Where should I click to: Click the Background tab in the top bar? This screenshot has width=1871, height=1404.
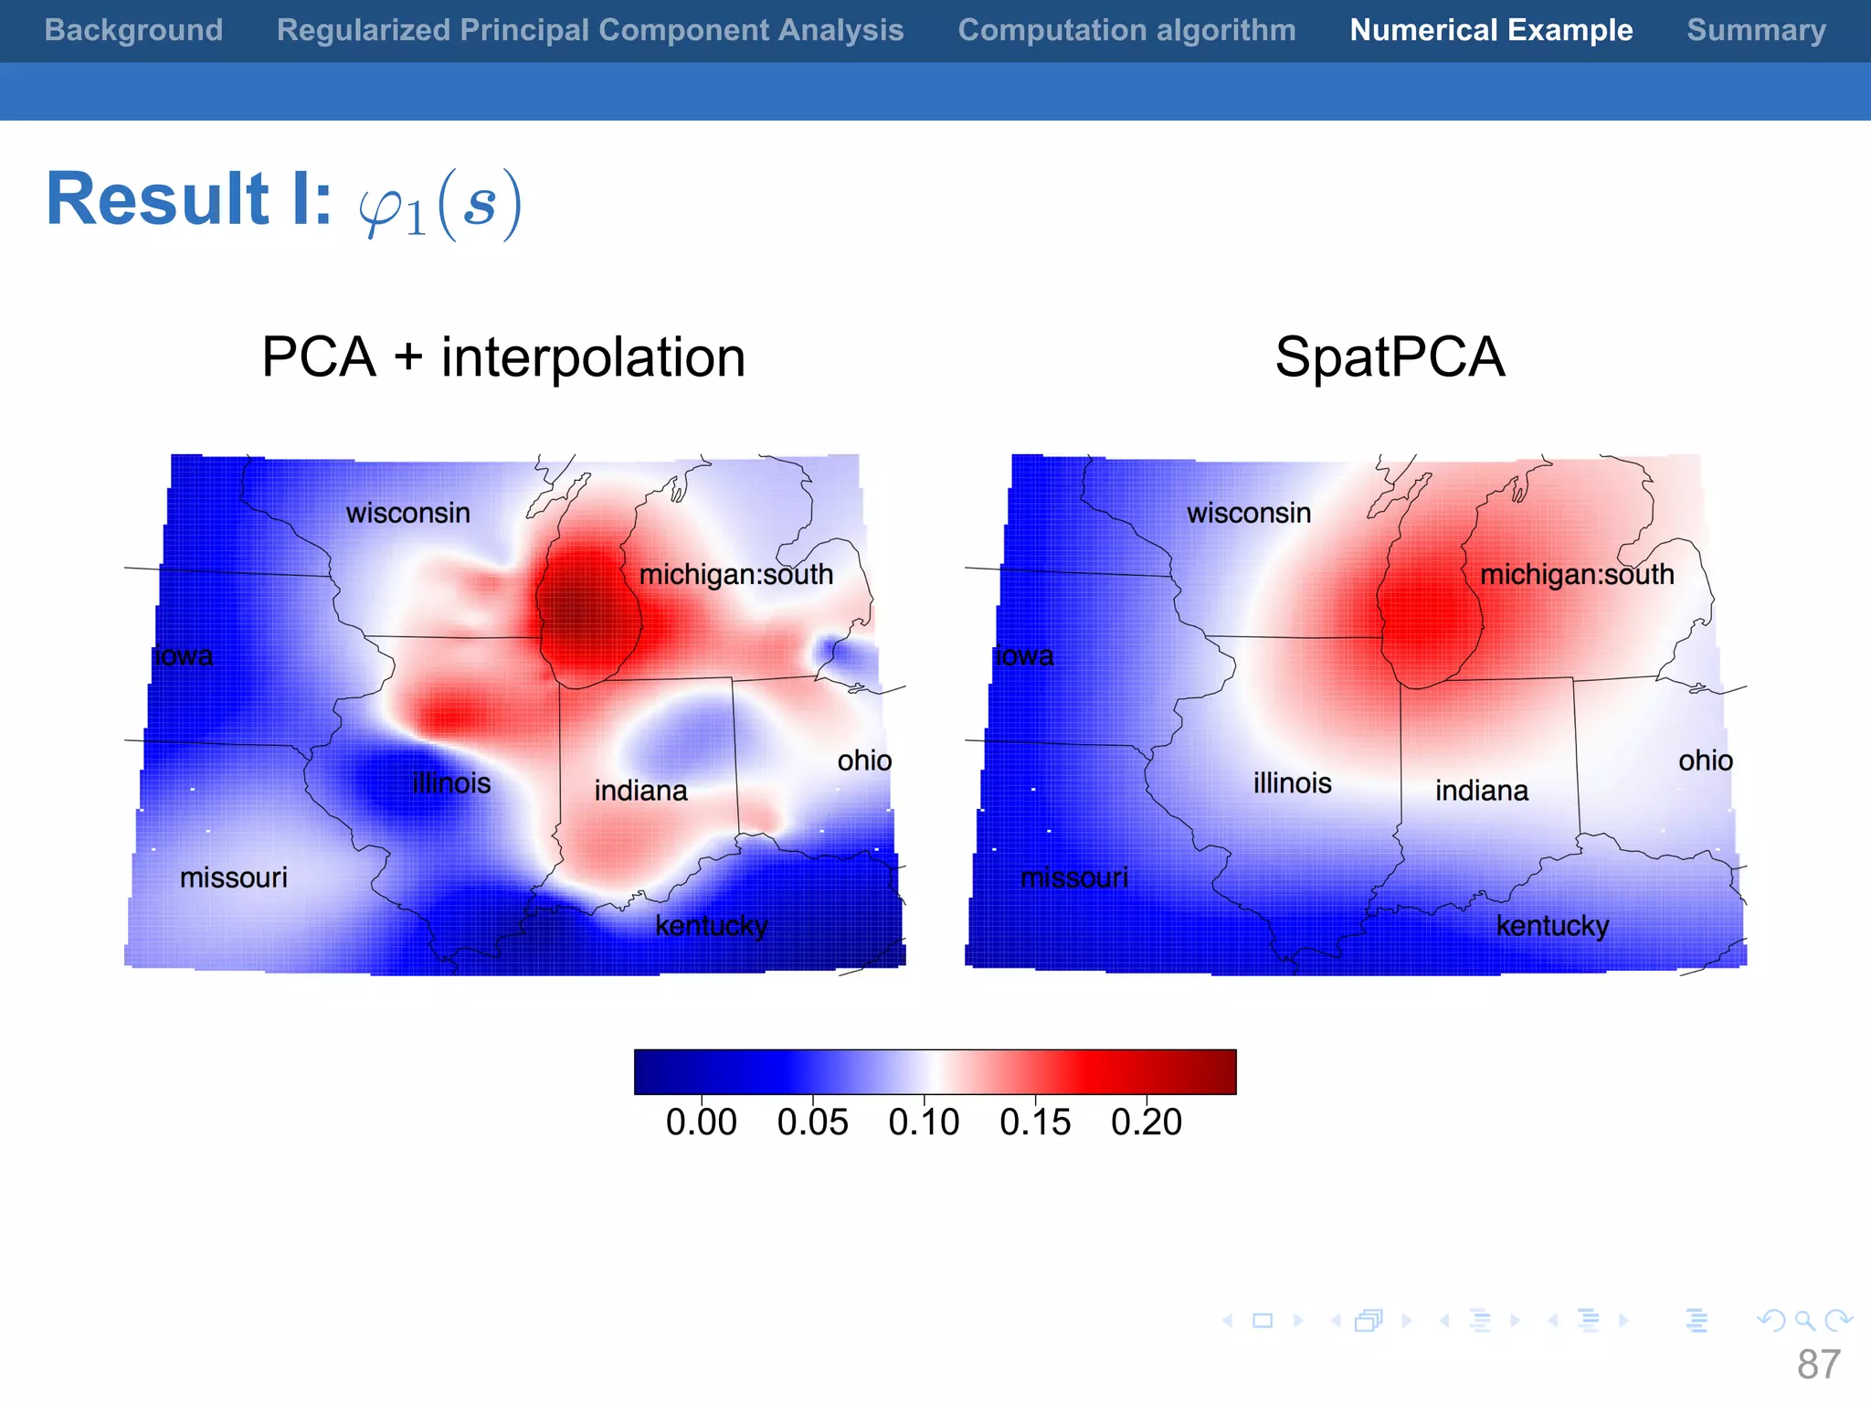click(x=133, y=30)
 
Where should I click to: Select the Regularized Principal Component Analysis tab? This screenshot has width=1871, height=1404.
click(x=590, y=30)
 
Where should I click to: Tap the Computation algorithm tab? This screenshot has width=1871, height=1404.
click(x=1126, y=30)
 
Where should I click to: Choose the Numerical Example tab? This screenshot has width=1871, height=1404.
click(x=1491, y=30)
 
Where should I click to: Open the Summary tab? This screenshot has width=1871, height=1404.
click(x=1756, y=30)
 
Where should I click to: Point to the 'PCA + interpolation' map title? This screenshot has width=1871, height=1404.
click(x=503, y=356)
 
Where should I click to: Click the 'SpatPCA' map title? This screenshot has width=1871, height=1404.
click(x=1390, y=356)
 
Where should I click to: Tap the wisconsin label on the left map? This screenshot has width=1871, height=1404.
click(x=407, y=513)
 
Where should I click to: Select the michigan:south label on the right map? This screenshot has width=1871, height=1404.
click(x=1577, y=574)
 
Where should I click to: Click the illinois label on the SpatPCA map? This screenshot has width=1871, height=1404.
click(x=1292, y=783)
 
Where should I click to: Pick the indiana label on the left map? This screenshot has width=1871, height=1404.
click(x=640, y=791)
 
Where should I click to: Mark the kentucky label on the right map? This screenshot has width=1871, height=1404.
click(x=1552, y=926)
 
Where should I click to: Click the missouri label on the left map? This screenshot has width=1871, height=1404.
click(x=233, y=877)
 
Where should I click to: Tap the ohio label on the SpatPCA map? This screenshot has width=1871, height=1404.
click(x=1705, y=760)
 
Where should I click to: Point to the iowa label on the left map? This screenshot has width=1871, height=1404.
click(x=184, y=655)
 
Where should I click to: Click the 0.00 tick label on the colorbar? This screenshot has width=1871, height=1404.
click(x=701, y=1122)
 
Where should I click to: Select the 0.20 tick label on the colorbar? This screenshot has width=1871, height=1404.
click(x=1146, y=1122)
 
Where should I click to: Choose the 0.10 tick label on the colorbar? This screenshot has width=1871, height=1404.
click(x=924, y=1122)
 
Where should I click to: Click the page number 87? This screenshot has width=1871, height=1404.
click(x=1818, y=1365)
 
